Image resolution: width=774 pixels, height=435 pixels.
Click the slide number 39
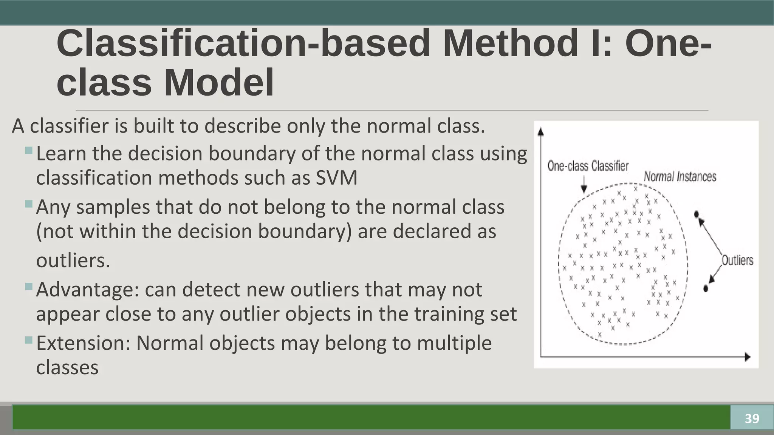(752, 418)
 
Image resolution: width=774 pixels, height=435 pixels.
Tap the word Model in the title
(219, 83)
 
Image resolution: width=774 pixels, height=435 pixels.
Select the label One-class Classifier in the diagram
(588, 166)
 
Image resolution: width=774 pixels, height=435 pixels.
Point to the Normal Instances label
(680, 176)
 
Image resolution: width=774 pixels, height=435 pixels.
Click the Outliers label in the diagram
(737, 260)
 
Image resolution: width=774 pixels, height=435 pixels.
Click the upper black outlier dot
(697, 214)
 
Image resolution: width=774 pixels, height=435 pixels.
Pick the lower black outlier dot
(705, 288)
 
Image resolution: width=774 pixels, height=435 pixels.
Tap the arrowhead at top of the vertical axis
(540, 132)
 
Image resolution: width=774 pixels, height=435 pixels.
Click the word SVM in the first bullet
(336, 178)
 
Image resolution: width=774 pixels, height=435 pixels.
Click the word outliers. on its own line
(73, 261)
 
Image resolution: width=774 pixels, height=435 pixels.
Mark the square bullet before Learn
(29, 151)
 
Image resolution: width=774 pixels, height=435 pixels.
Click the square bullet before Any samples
(29, 204)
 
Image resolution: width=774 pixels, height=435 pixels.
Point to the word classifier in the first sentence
(69, 126)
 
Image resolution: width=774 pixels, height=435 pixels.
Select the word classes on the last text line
(67, 367)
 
